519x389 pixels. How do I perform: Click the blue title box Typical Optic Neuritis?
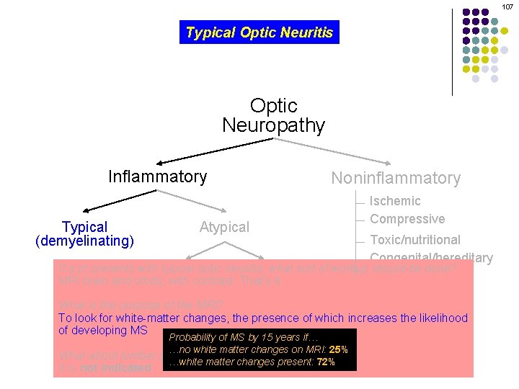[x=259, y=32]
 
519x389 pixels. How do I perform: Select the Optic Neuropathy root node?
[x=273, y=115]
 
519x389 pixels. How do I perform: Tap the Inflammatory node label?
[x=157, y=176]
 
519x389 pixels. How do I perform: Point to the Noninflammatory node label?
[x=395, y=178]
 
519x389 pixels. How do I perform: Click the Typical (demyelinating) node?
[x=85, y=234]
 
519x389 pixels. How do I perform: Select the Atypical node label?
[x=224, y=227]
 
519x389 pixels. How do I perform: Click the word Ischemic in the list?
[x=395, y=201]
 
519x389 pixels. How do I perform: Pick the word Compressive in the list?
[x=407, y=219]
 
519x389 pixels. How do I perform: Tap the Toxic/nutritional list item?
[x=415, y=239]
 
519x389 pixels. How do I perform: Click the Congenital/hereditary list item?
[x=431, y=257]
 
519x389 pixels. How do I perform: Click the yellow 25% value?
[x=339, y=349]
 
